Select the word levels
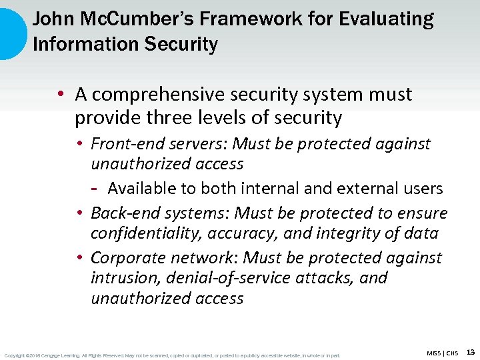[x=219, y=118]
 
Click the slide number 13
[x=471, y=352]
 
